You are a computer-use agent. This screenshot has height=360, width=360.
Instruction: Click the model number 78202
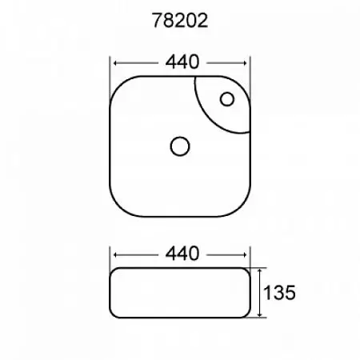point(180,21)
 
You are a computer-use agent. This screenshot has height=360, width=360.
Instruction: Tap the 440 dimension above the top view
point(182,62)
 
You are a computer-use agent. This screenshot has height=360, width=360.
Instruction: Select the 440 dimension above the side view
point(182,254)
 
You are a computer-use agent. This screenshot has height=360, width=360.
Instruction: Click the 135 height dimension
point(279,293)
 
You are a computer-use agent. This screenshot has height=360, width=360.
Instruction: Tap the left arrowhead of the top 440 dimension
point(115,63)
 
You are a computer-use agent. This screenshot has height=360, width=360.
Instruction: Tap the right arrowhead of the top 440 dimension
point(245,63)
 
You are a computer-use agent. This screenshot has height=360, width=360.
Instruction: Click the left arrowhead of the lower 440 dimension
point(115,255)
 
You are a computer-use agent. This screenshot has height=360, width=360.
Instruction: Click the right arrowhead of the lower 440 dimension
point(245,255)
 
